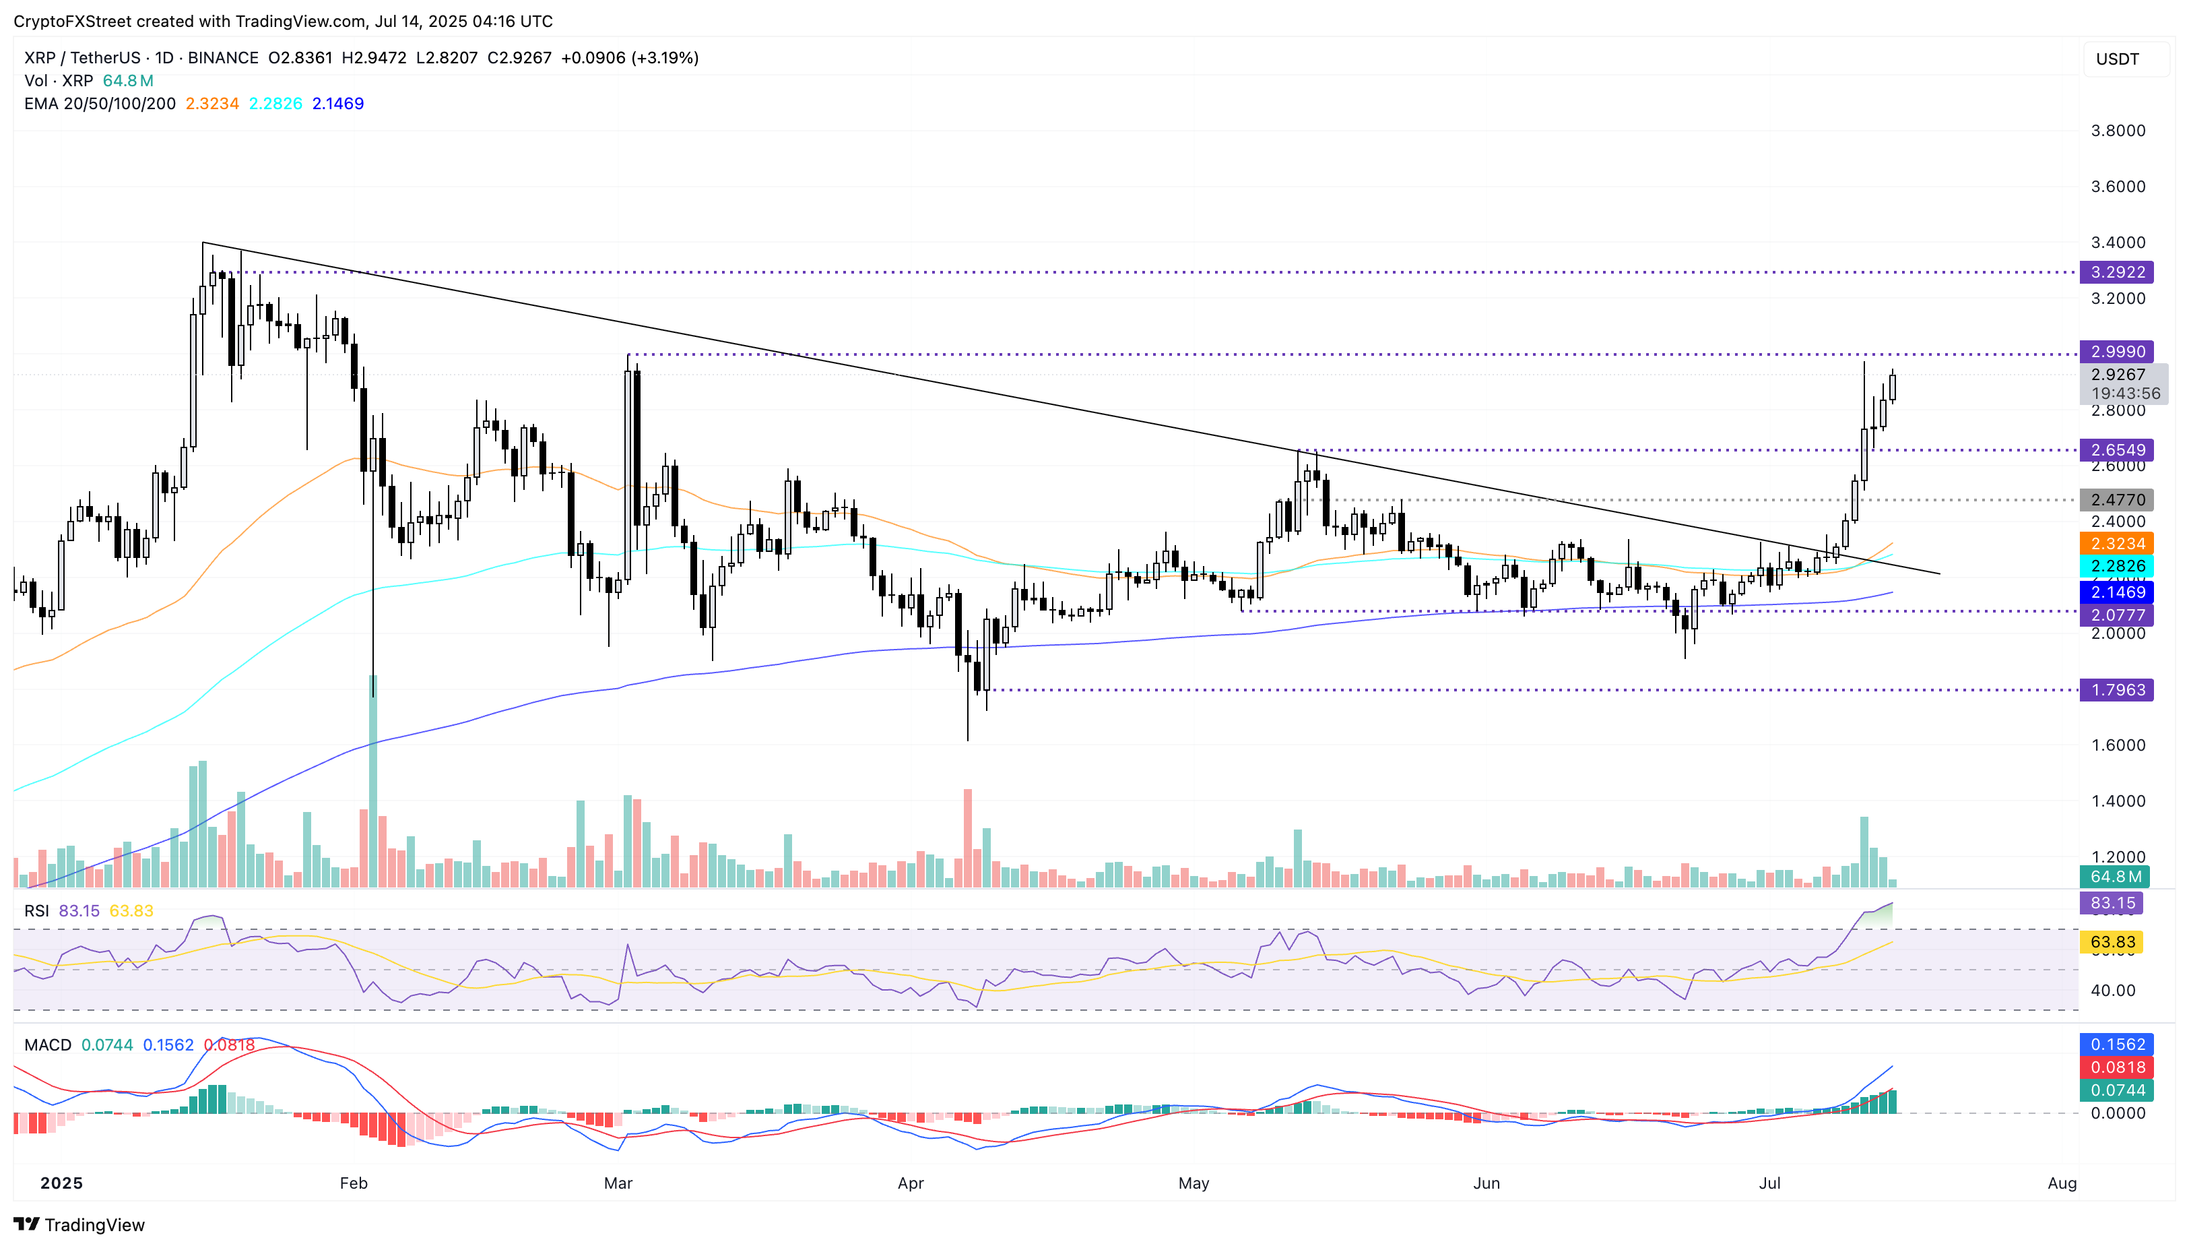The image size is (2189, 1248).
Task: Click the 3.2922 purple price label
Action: tap(2116, 272)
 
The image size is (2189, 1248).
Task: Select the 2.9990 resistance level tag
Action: tap(2116, 352)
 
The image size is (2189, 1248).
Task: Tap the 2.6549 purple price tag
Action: tap(2116, 450)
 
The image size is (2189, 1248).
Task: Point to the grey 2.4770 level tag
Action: tap(2116, 500)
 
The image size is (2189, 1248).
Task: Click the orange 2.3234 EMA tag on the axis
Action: tap(2116, 543)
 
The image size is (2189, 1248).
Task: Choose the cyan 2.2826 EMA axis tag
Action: tap(2116, 566)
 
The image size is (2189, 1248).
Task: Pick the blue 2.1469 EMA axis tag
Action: tap(2116, 592)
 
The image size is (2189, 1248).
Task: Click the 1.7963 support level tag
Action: tap(2116, 690)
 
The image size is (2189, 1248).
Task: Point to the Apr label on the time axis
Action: tap(910, 1183)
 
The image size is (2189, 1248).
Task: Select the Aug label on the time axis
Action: tap(2061, 1183)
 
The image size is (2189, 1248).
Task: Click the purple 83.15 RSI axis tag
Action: tap(2112, 902)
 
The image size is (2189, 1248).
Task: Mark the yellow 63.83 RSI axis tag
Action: tap(2112, 942)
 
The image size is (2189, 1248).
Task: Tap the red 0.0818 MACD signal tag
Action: tap(2116, 1067)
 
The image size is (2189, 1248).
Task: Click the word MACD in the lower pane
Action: tap(48, 1045)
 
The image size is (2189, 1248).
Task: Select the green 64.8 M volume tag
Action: tap(2116, 877)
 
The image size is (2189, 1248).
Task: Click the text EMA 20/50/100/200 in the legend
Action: tap(100, 104)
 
